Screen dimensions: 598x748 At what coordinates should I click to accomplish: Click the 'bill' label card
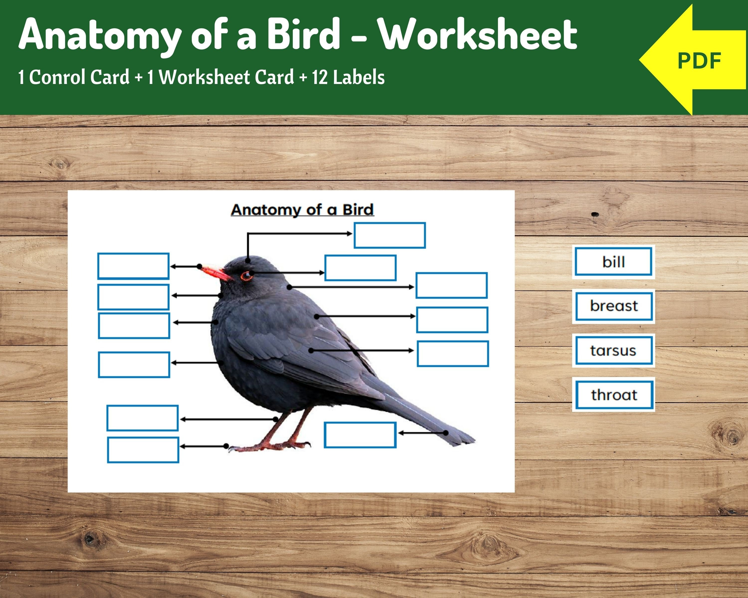click(613, 261)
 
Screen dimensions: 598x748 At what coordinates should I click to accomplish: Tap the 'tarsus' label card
click(613, 351)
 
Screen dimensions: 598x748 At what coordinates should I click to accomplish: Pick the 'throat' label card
click(614, 395)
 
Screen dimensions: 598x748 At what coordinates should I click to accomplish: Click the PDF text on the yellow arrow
click(699, 61)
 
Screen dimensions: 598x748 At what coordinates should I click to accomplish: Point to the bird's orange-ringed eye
click(247, 276)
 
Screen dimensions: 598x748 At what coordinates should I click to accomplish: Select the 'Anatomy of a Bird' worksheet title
click(302, 210)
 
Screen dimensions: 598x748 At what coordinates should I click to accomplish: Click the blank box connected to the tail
click(360, 435)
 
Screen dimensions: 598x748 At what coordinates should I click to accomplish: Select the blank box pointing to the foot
click(143, 450)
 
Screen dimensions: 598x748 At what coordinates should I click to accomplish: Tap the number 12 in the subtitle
click(320, 77)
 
